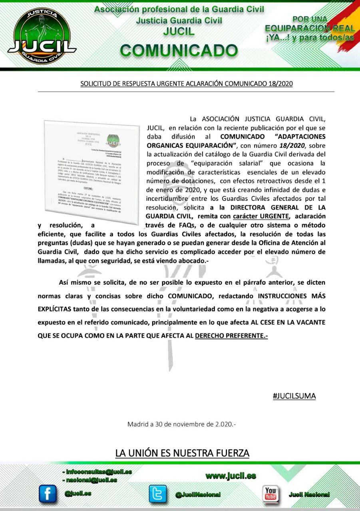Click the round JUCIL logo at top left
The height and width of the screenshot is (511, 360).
[x=42, y=36]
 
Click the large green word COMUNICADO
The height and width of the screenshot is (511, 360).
[x=179, y=51]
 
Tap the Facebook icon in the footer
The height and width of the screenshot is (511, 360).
[x=48, y=494]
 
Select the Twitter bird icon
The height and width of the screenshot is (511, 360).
[x=157, y=494]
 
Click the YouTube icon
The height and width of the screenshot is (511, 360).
[x=270, y=494]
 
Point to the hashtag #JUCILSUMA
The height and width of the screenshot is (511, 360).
[x=294, y=396]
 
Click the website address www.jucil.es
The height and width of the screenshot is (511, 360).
[x=231, y=475]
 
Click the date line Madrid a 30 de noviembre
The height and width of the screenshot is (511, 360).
[x=181, y=424]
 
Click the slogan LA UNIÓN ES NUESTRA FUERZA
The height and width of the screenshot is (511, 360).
[x=182, y=453]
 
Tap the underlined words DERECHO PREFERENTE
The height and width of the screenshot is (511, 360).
[x=231, y=336]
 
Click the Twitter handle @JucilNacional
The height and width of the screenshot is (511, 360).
[x=198, y=495]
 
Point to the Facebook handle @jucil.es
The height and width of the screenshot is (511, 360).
[x=78, y=493]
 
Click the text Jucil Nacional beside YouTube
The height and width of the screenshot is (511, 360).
[x=309, y=495]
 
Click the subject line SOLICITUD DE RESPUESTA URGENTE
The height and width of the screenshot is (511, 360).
[x=187, y=84]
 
